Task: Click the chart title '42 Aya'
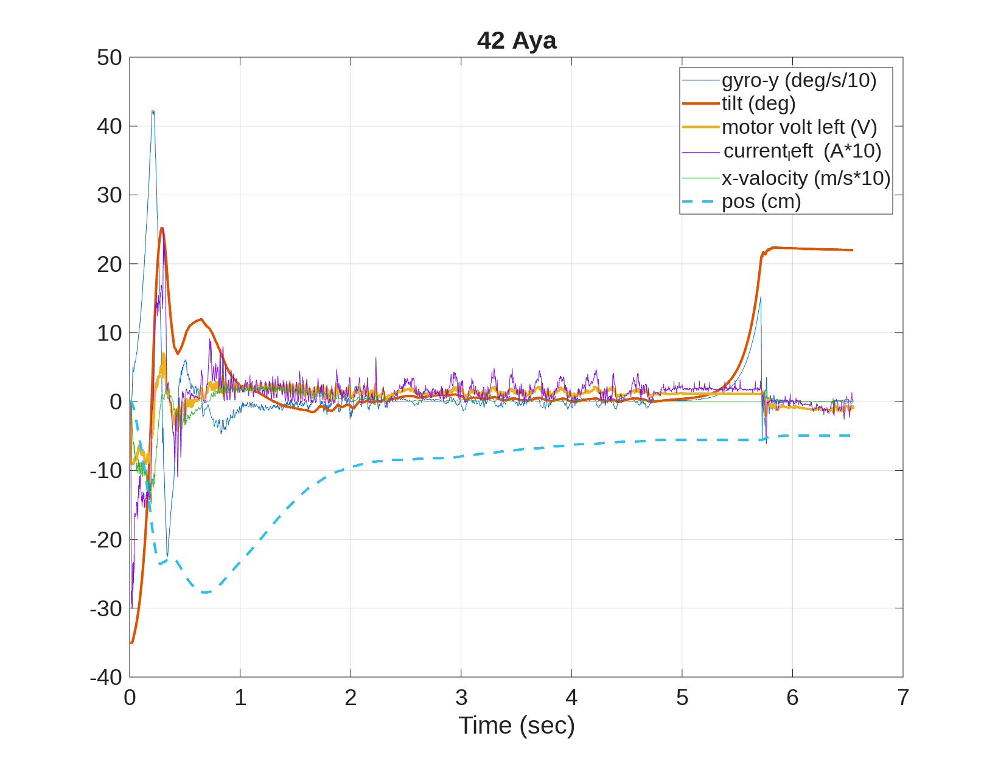(x=516, y=41)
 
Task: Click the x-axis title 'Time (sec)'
(x=516, y=725)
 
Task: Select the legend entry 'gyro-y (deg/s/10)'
(x=798, y=80)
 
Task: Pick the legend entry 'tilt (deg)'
(x=758, y=103)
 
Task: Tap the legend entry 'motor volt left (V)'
(x=799, y=127)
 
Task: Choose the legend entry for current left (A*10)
(x=802, y=151)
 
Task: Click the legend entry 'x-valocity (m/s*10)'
(x=806, y=178)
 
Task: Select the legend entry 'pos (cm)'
(x=761, y=201)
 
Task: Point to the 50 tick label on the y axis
(x=110, y=58)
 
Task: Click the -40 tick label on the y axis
(x=106, y=677)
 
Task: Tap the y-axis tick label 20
(x=110, y=264)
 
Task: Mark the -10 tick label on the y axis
(x=106, y=470)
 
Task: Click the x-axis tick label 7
(x=903, y=698)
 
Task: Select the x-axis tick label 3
(x=461, y=698)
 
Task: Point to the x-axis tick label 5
(x=682, y=698)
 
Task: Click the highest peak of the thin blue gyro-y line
(x=153, y=111)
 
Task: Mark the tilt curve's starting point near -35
(x=131, y=642)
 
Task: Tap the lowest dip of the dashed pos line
(x=205, y=592)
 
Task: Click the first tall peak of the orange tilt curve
(x=162, y=228)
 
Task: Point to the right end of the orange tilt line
(x=852, y=250)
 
